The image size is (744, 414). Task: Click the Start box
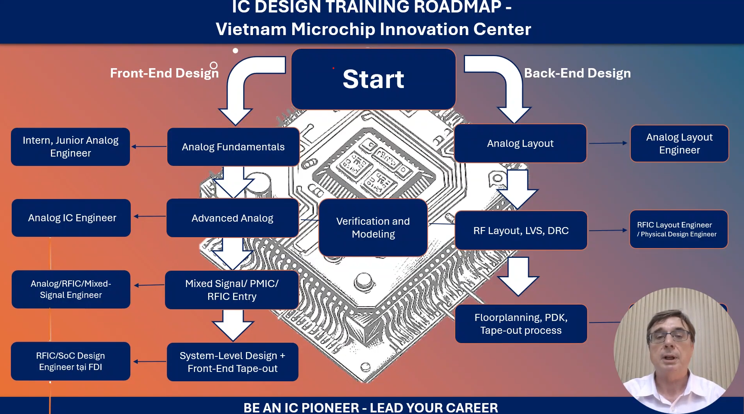pos(373,79)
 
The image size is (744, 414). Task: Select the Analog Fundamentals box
pos(233,147)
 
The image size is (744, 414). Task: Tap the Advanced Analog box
pos(232,218)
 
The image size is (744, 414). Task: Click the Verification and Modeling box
pos(373,228)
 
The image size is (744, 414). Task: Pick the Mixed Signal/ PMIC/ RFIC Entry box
pos(232,290)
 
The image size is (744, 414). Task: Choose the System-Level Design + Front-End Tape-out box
pos(232,362)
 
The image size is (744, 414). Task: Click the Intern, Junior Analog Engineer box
pos(70,147)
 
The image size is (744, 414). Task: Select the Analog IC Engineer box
pos(72,218)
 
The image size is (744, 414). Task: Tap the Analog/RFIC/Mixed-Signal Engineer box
pos(71,289)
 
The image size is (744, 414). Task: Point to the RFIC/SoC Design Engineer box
pos(70,361)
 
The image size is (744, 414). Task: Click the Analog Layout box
pos(520,143)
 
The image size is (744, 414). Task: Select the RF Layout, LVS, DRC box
pos(521,231)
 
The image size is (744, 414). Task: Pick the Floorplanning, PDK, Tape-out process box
pos(521,324)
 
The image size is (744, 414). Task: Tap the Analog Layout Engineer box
pos(679,143)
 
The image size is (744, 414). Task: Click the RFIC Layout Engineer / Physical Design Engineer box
pos(678,229)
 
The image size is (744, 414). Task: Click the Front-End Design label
pos(164,73)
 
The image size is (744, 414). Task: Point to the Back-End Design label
pos(577,73)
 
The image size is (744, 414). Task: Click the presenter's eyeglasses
pos(669,335)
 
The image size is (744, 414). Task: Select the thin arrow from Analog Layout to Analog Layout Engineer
pos(608,143)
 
